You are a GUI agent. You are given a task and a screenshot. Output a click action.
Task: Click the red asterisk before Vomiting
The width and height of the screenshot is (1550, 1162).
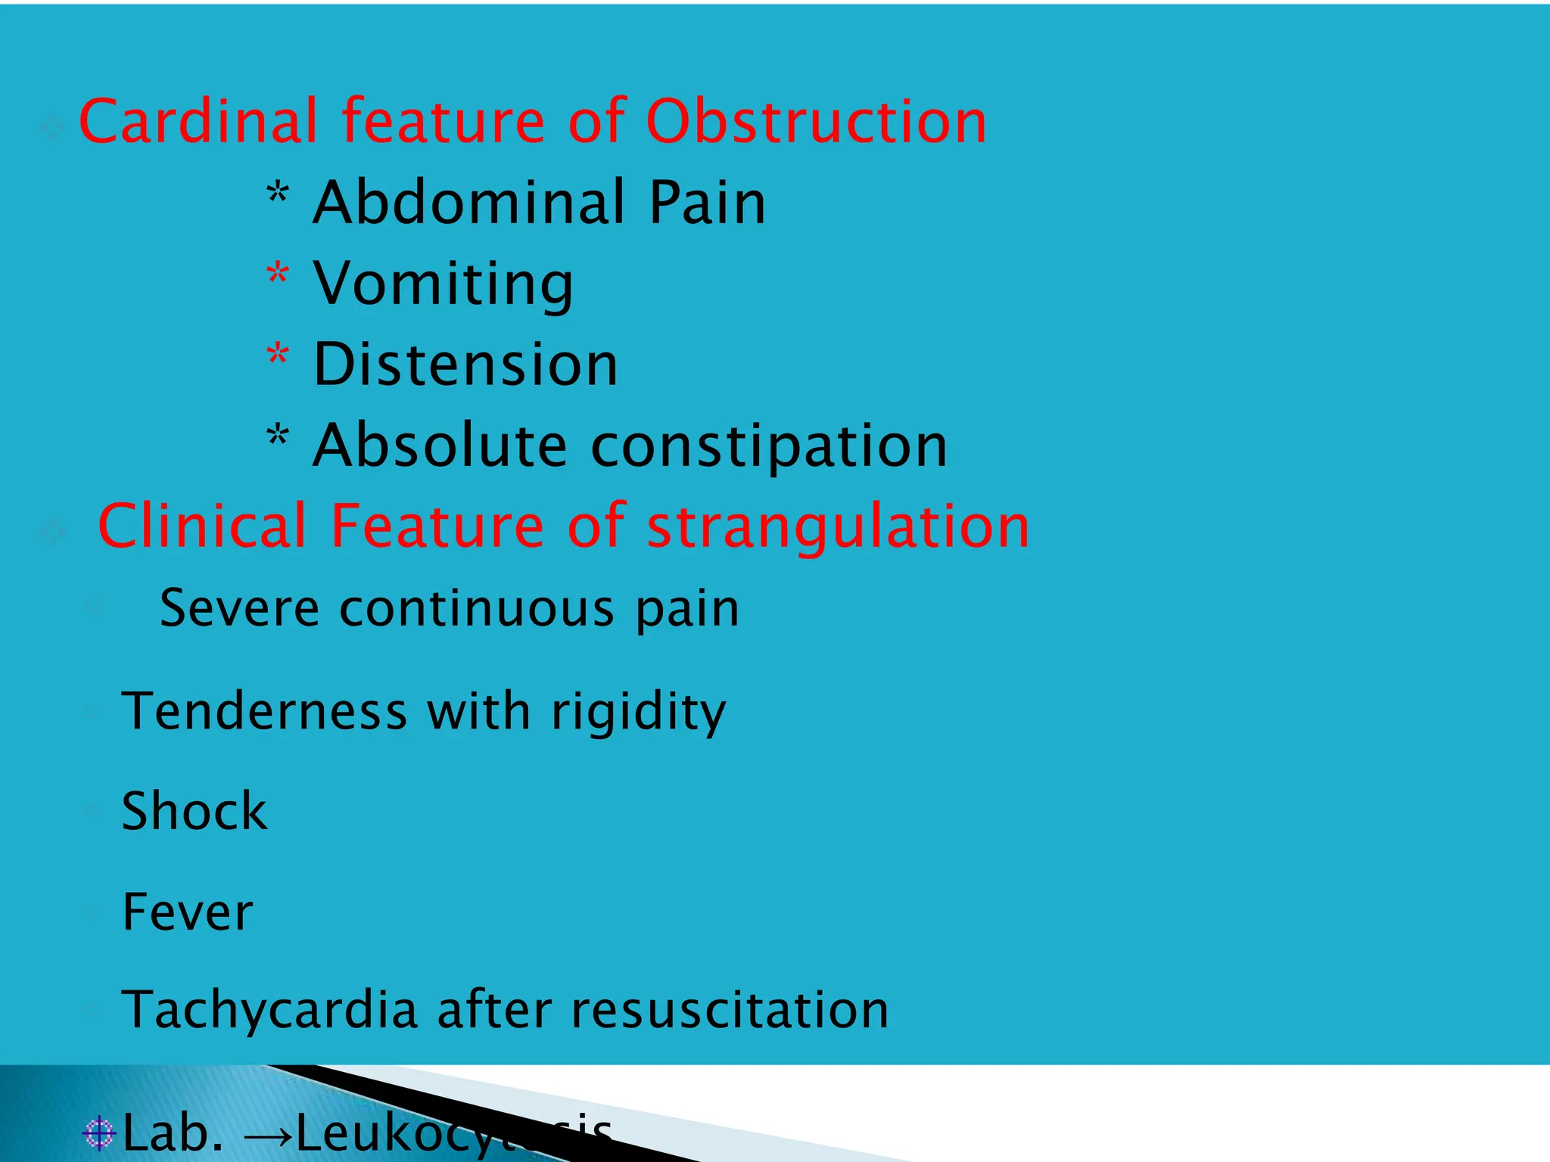point(278,275)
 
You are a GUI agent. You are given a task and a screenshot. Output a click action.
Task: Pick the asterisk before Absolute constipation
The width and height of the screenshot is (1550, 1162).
point(278,437)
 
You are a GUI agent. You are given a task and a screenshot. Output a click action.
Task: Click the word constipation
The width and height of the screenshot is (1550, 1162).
point(768,446)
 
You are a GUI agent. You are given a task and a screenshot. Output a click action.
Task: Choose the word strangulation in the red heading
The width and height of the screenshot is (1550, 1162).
point(838,527)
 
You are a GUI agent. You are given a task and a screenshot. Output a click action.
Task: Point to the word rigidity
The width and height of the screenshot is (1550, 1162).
point(638,713)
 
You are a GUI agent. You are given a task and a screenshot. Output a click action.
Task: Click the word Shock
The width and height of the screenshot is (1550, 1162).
point(195,811)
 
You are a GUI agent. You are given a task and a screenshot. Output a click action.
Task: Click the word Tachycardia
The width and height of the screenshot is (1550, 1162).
point(269,1011)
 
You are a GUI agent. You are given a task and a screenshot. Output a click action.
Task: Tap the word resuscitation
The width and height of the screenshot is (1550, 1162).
point(730,1011)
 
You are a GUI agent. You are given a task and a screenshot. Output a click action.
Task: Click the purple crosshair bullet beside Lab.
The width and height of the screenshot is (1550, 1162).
point(98,1132)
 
